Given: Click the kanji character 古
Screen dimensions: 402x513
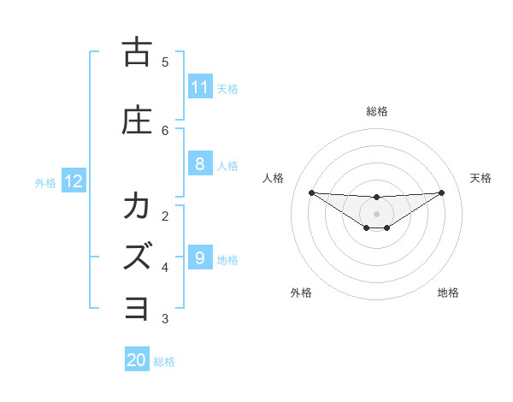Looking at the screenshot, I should click(x=137, y=52).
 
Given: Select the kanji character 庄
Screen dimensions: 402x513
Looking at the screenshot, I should click(x=137, y=121).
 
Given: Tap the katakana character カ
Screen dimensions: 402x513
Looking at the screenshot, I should click(x=137, y=206).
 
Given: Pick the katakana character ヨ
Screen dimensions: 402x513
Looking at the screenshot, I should click(x=137, y=307).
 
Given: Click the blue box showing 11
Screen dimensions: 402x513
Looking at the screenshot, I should click(x=200, y=87).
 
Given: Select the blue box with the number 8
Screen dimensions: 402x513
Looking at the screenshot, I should click(x=200, y=164).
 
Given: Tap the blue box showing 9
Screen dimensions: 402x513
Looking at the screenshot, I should click(x=200, y=258).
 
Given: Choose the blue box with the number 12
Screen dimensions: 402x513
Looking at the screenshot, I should click(x=73, y=181).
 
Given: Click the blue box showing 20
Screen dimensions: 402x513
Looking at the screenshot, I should click(x=137, y=360).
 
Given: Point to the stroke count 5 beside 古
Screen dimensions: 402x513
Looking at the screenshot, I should click(x=165, y=62).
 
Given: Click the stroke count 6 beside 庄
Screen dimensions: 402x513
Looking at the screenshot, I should click(x=165, y=130).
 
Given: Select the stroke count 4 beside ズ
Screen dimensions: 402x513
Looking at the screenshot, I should click(x=165, y=267).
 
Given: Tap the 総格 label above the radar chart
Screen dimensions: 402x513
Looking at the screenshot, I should click(x=377, y=111).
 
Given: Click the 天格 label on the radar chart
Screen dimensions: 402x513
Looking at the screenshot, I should click(x=481, y=178).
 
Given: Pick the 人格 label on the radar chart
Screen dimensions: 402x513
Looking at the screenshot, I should click(x=274, y=178).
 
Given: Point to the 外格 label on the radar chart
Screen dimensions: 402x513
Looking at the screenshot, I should click(x=301, y=293).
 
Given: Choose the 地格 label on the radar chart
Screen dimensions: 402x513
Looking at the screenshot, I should click(x=448, y=293).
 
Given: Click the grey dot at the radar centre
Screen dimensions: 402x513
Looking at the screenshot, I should click(x=376, y=213).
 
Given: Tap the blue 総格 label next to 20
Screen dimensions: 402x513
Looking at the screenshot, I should click(x=164, y=362).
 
